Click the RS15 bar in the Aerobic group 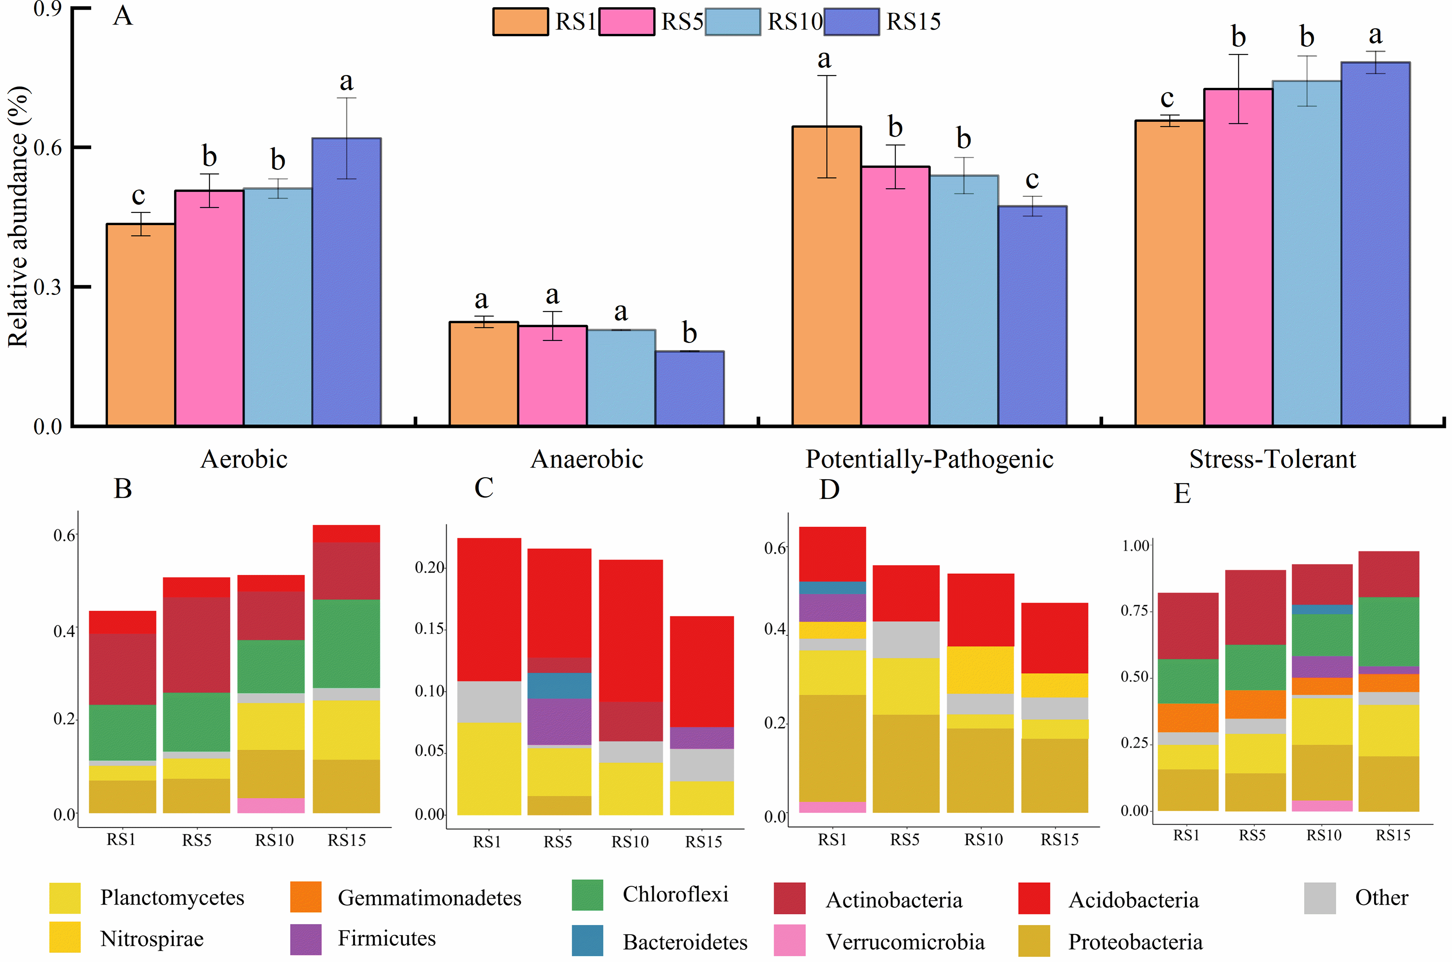point(346,282)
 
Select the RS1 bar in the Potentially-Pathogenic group point(827,276)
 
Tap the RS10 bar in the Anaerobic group point(621,377)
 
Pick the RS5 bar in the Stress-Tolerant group point(1238,258)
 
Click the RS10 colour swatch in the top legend point(733,22)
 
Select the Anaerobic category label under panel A point(587,459)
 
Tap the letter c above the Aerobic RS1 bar point(139,196)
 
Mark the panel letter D point(829,490)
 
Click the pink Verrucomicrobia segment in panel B point(271,805)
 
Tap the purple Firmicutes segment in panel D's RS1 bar point(832,607)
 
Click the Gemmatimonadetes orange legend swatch point(305,897)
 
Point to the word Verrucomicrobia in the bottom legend point(905,942)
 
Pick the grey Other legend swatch point(1320,898)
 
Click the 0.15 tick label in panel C point(429,629)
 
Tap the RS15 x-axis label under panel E point(1392,835)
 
